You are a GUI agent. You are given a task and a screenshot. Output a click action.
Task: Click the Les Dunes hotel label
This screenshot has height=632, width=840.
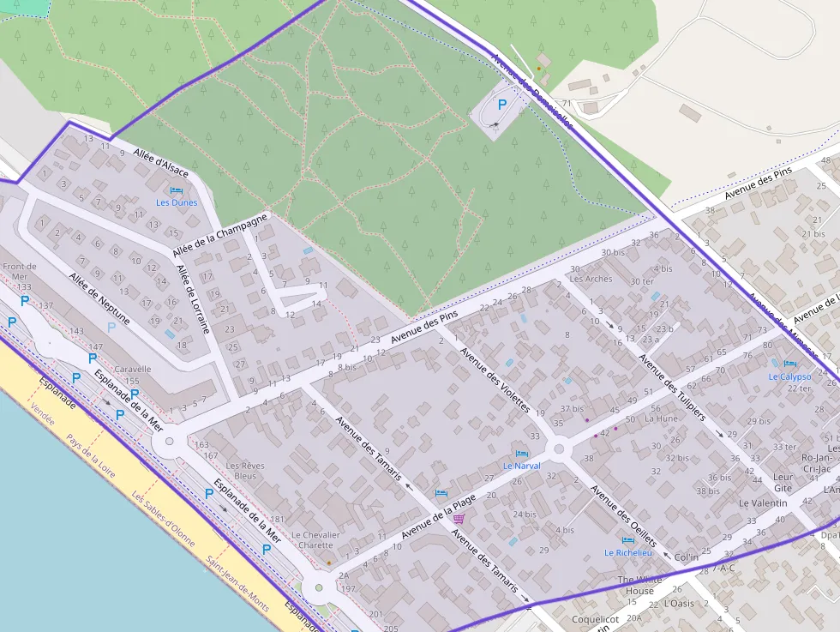tap(177, 203)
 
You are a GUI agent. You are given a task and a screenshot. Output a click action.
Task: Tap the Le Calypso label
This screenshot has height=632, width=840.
tap(789, 376)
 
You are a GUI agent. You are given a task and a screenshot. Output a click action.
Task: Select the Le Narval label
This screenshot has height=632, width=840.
tap(521, 466)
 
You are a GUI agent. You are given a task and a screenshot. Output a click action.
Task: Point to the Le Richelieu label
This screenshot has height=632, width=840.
tap(628, 553)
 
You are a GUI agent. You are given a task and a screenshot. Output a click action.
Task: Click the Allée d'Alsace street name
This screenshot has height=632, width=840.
tap(160, 162)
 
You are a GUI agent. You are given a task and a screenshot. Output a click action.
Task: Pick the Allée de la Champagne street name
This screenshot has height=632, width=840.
tap(219, 234)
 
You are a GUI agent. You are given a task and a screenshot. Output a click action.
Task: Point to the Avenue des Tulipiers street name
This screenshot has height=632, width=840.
tap(671, 388)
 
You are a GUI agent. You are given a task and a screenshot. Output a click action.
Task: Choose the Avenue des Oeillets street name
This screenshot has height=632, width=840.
tap(623, 516)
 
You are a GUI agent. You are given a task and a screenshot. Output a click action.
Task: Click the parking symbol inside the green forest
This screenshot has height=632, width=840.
tap(502, 104)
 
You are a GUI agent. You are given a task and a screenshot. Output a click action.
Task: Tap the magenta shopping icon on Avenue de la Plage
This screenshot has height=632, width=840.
tap(459, 519)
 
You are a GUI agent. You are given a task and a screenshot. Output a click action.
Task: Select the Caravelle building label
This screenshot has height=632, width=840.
tap(132, 370)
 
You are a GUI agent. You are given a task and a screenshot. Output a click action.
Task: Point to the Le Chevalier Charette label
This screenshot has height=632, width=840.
tap(315, 539)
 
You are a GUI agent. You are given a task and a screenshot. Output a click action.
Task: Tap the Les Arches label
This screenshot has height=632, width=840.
tap(591, 279)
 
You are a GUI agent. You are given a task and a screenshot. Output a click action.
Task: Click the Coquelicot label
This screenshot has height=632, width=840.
tap(595, 618)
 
